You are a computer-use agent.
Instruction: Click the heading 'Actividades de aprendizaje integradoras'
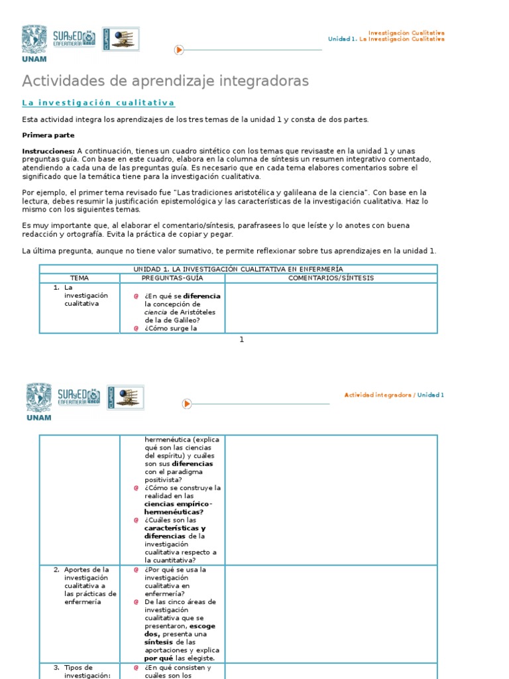[165, 81]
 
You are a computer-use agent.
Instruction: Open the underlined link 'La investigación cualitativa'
[98, 103]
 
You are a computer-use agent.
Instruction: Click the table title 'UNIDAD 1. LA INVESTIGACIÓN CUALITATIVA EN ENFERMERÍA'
[238, 269]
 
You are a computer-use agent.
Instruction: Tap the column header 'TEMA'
[80, 278]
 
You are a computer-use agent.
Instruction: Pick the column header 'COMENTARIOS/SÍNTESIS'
[331, 278]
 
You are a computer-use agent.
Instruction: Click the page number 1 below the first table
[242, 339]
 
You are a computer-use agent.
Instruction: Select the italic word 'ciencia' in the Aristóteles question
[156, 312]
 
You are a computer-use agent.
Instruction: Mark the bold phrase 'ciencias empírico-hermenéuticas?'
[178, 508]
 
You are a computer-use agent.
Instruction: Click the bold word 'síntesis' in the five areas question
[158, 642]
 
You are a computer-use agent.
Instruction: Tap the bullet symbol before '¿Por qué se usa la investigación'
[136, 570]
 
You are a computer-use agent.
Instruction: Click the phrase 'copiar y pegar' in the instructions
[206, 234]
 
